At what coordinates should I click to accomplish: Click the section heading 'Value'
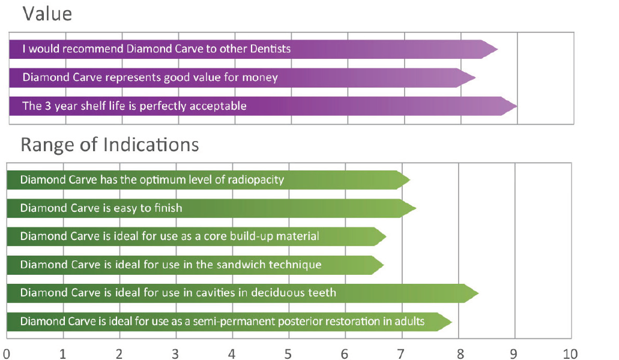(x=47, y=14)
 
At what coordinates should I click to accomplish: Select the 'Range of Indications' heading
(x=110, y=145)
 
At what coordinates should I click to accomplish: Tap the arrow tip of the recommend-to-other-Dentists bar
(x=498, y=49)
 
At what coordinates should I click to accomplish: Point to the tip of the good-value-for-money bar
(x=476, y=77)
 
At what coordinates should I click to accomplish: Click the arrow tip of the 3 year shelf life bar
(x=517, y=106)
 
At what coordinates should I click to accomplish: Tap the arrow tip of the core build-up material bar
(x=386, y=236)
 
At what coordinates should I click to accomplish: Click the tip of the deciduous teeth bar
(x=479, y=293)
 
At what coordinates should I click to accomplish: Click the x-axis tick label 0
(x=6, y=353)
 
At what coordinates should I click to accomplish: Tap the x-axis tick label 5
(x=288, y=353)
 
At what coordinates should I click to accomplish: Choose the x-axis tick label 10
(x=570, y=353)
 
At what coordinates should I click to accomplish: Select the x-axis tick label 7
(x=401, y=353)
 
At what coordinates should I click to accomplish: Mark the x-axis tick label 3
(x=175, y=353)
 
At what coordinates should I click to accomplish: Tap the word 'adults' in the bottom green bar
(x=410, y=322)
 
